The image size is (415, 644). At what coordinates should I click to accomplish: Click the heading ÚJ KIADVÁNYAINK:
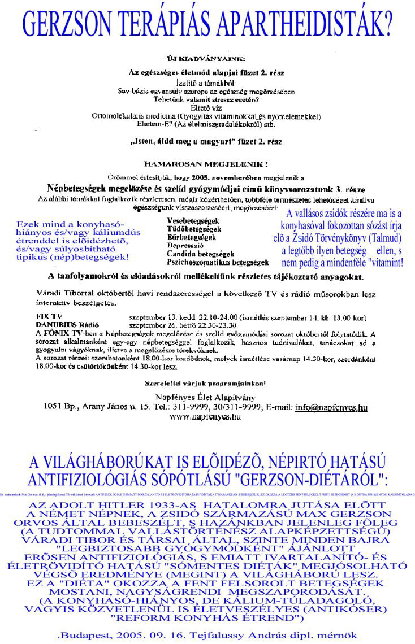(206, 58)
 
